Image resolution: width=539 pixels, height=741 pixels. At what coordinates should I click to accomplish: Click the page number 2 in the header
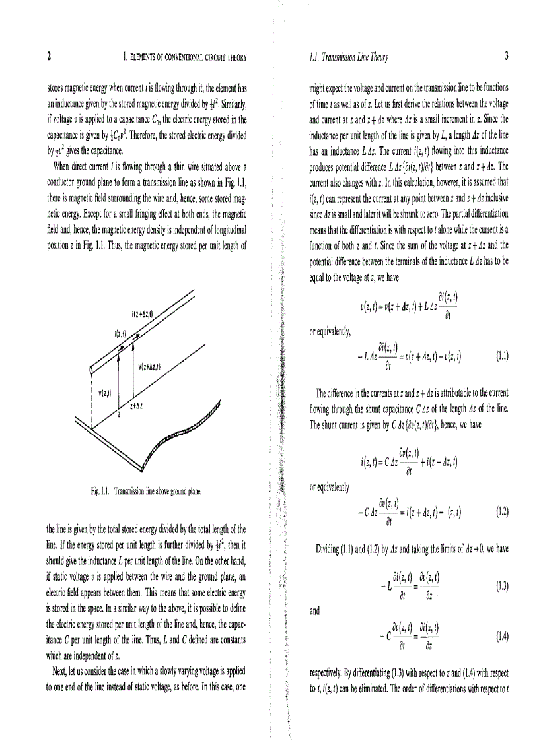click(49, 57)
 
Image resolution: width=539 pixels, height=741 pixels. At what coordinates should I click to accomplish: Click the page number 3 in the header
click(506, 57)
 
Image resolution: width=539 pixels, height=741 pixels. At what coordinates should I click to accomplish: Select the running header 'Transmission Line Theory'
click(354, 57)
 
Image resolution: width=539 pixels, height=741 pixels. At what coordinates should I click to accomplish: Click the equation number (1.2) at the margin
click(501, 512)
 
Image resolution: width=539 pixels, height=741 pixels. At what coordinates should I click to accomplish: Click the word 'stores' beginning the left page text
click(57, 87)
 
